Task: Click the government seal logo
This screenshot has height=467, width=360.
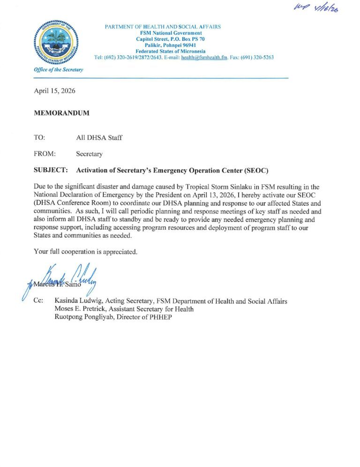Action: coord(56,43)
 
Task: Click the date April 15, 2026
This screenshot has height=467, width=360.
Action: coord(54,91)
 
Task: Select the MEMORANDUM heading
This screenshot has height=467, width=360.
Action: coord(61,113)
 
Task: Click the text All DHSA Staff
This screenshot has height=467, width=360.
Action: coord(99,138)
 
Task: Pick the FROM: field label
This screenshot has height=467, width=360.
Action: coord(45,154)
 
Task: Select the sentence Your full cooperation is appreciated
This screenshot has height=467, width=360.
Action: coord(85,252)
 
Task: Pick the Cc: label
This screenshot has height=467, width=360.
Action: coord(38,301)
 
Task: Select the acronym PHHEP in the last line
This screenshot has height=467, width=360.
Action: coord(167,318)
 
